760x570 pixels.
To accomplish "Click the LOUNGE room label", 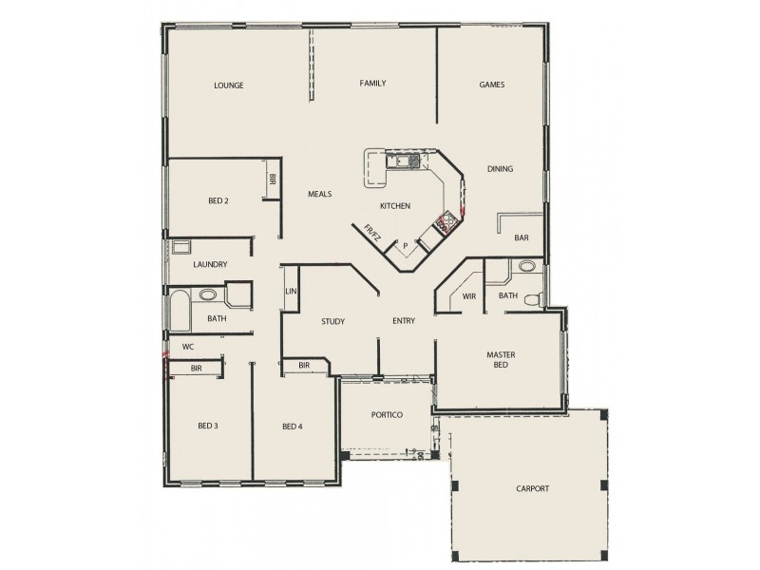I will point(229,85).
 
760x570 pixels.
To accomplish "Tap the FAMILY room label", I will point(372,84).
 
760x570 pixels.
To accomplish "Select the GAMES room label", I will point(491,85).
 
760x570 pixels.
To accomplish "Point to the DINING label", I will point(500,169).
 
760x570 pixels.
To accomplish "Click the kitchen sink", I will point(398,161).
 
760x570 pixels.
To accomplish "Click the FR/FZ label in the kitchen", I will point(373,232).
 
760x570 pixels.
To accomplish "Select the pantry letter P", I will point(406,246).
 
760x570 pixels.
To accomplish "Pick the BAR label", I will point(521,237).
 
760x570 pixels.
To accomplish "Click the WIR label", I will point(468,296).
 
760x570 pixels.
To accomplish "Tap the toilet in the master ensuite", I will point(535,300).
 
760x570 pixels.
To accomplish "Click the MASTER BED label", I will point(501,359).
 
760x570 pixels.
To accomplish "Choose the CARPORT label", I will point(534,488).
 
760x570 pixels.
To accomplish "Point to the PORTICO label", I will point(387,415).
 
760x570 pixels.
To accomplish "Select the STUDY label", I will point(332,321).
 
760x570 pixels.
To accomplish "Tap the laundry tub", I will point(180,247).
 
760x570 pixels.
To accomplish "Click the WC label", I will point(188,347).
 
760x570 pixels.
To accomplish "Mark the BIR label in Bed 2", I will point(273,179).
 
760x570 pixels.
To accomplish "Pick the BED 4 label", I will point(293,426).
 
